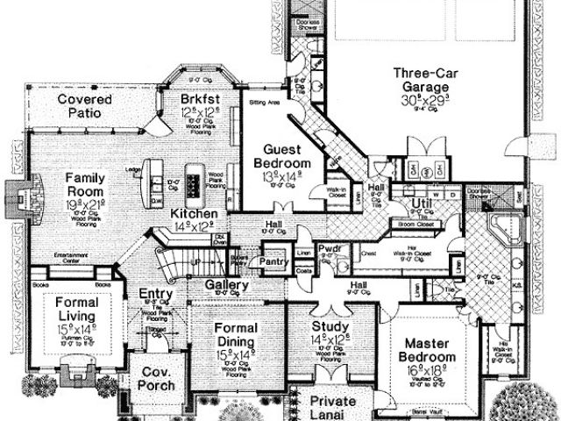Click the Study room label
331,328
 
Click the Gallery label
228,285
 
